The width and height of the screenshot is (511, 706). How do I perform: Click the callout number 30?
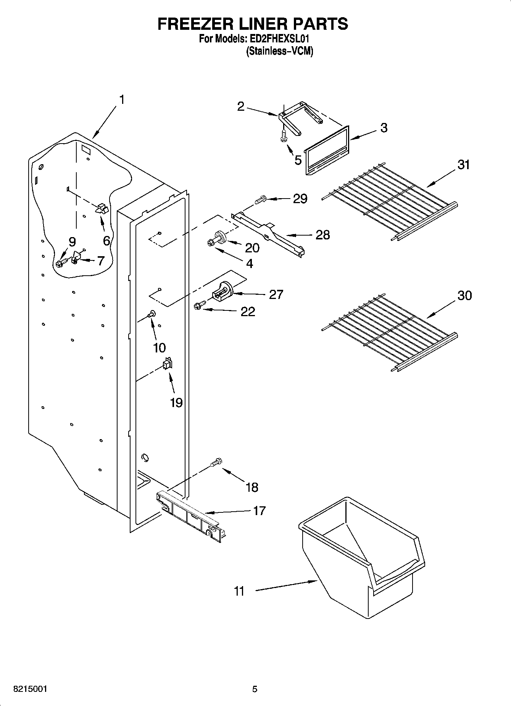coord(464,295)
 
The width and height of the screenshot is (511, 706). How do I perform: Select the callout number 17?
coord(259,511)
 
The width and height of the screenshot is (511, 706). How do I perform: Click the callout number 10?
coord(159,347)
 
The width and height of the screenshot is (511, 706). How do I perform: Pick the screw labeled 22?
coord(199,305)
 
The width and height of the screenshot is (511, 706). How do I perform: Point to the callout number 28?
coord(322,234)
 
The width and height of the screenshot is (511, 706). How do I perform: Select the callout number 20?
coord(252,248)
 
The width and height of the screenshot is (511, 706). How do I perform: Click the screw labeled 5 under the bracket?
coord(283,136)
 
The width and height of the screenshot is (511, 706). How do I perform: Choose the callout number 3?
coord(384,128)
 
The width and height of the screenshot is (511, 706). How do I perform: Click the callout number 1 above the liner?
coord(121,100)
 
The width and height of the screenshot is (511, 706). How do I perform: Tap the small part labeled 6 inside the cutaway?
coord(102,208)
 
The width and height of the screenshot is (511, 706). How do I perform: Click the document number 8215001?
coord(31,689)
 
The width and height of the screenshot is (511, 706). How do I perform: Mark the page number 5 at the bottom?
coord(255,689)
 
